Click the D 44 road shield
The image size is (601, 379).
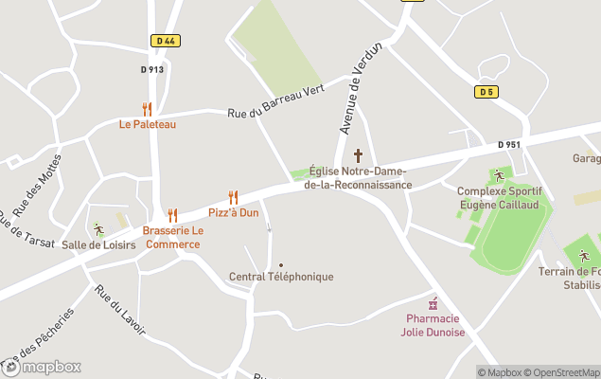(x=164, y=41)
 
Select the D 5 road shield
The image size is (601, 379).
(x=486, y=91)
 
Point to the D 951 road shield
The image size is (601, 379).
(x=509, y=145)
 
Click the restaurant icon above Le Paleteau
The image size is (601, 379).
(x=147, y=109)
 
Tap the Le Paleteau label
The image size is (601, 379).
(x=147, y=124)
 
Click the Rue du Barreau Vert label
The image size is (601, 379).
(x=275, y=101)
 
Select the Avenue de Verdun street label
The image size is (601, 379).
(x=360, y=89)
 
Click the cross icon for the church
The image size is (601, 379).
(x=358, y=154)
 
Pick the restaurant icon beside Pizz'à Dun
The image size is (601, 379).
(x=233, y=197)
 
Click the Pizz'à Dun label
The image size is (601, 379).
(x=233, y=212)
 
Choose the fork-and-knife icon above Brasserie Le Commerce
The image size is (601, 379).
(x=172, y=215)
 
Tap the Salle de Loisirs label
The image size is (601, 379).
(x=98, y=244)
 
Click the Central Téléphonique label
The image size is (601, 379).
(x=281, y=277)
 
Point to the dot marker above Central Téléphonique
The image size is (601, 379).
(x=281, y=264)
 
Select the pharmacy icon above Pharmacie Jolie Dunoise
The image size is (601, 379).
(x=434, y=303)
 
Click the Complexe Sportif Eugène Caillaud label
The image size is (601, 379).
(x=499, y=197)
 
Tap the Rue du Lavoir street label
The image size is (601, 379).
(x=120, y=310)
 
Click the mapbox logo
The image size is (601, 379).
(x=42, y=367)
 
